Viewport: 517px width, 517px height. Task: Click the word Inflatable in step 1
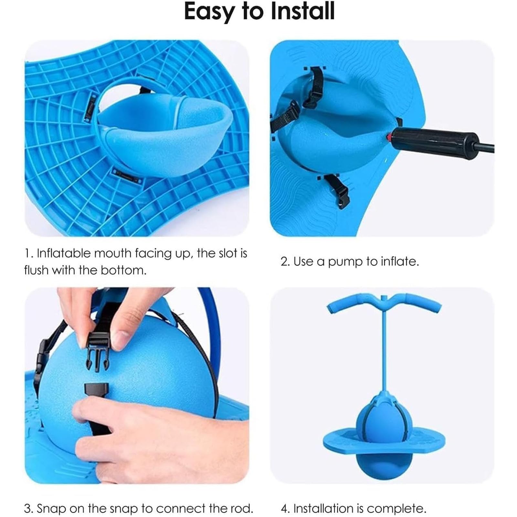click(64, 253)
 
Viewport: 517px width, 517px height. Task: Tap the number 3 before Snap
click(28, 509)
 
